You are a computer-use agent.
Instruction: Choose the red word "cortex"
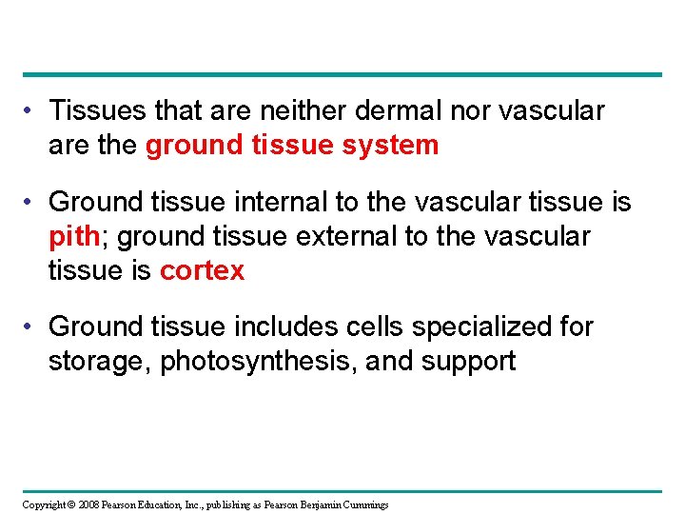point(202,271)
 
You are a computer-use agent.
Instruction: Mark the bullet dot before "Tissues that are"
point(34,112)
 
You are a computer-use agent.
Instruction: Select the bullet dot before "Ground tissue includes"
point(34,328)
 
